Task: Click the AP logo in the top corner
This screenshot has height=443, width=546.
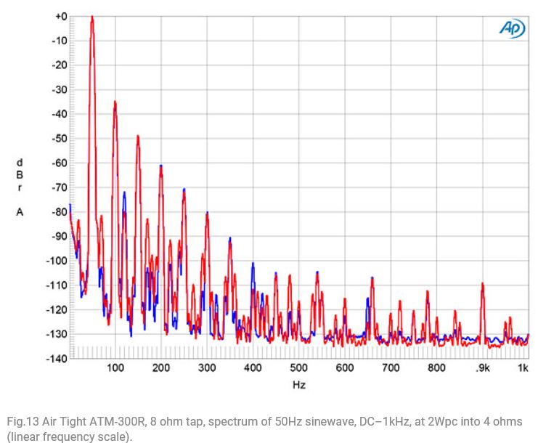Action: [512, 28]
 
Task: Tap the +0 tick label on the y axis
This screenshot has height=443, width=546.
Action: [60, 16]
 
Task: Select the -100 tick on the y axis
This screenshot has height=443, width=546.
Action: [56, 260]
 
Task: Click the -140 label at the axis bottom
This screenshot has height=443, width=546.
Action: [56, 358]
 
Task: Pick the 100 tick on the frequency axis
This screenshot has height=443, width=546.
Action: [115, 368]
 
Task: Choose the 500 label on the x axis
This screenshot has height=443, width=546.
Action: [298, 368]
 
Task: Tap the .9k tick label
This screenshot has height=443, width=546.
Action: [482, 368]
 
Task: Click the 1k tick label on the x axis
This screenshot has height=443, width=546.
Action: [523, 368]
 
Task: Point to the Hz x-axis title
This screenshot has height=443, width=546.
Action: [298, 386]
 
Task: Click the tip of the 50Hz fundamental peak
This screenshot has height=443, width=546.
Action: [92, 17]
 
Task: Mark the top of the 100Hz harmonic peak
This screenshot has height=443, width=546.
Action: [115, 102]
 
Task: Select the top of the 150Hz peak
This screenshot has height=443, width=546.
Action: [138, 137]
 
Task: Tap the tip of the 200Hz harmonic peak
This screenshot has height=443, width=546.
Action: [160, 166]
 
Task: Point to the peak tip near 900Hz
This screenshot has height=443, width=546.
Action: [482, 284]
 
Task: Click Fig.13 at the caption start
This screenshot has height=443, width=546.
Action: [20, 422]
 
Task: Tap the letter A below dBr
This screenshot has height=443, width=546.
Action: [20, 212]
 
